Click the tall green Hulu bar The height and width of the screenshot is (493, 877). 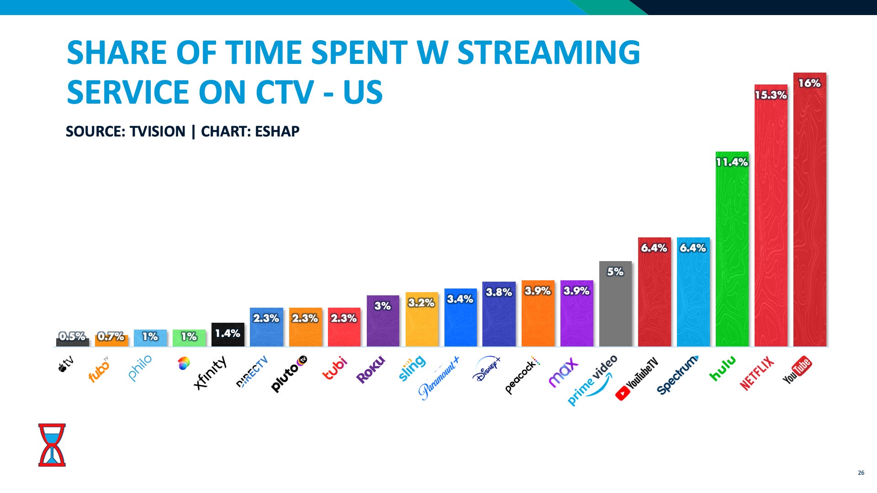click(732, 256)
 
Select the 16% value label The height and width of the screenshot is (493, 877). click(809, 84)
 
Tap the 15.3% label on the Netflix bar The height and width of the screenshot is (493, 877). click(771, 95)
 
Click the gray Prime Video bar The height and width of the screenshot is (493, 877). click(615, 310)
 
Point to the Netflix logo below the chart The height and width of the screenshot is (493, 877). click(757, 373)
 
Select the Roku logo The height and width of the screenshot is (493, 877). click(370, 370)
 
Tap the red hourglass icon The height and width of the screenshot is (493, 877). click(52, 445)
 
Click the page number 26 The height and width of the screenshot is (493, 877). click(861, 472)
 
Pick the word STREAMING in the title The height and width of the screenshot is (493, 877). click(549, 52)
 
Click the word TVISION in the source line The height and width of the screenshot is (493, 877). click(157, 131)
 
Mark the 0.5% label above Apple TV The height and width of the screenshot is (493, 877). click(72, 336)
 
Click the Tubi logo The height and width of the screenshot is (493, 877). click(335, 368)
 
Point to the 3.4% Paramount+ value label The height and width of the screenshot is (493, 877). click(460, 299)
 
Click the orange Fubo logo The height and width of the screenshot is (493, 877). click(99, 370)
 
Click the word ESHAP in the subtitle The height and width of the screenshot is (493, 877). click(277, 131)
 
